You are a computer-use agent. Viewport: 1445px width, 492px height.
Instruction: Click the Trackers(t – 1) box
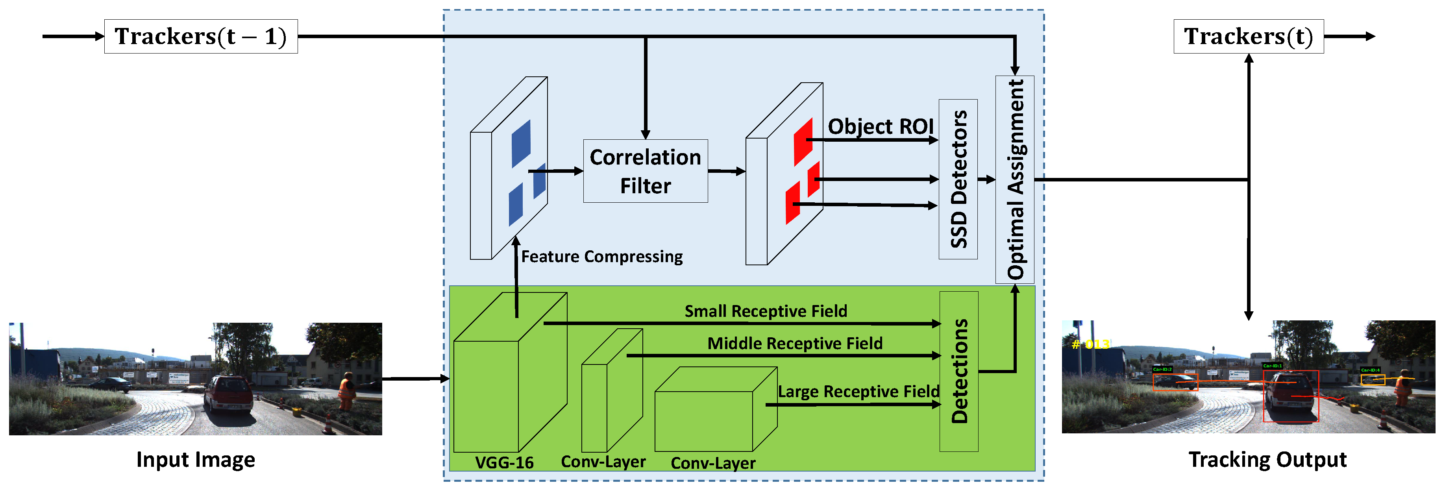(201, 37)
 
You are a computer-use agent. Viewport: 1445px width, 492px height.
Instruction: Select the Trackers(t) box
(1248, 37)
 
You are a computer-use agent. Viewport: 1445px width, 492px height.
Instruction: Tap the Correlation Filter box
(645, 171)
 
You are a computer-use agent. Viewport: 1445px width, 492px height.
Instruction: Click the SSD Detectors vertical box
(958, 179)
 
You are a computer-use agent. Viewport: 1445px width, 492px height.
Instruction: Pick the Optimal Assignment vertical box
(1015, 179)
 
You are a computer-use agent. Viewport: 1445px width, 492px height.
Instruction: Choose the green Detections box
(959, 372)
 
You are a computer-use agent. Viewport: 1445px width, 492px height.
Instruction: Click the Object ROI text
(880, 126)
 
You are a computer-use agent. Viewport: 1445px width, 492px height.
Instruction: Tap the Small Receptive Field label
(766, 311)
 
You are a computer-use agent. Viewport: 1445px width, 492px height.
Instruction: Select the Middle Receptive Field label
(794, 343)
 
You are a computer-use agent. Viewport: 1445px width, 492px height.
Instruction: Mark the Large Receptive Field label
(858, 392)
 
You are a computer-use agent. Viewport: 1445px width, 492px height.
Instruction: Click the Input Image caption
(195, 459)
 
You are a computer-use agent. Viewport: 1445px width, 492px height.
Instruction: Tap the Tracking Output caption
(1267, 459)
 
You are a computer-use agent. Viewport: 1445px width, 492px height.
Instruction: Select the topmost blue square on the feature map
(521, 144)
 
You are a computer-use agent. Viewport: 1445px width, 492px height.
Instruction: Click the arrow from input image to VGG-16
(415, 379)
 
